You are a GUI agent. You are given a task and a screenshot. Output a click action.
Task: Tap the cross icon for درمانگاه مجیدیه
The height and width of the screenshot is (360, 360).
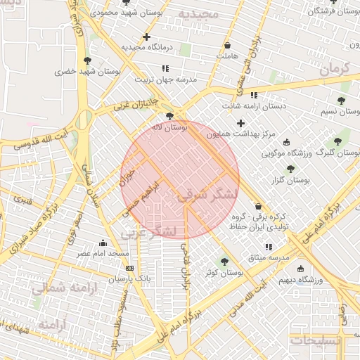pyautogui.click(x=146, y=37)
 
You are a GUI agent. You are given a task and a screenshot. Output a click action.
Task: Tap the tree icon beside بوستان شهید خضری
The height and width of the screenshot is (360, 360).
pyautogui.click(x=87, y=60)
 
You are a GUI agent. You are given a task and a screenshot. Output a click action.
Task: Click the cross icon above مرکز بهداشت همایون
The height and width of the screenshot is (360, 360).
pyautogui.click(x=240, y=123)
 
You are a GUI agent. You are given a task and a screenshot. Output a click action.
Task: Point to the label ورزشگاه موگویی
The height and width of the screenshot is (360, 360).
pyautogui.click(x=285, y=153)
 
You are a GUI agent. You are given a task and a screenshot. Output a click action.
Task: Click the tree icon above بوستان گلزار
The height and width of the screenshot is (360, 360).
pyautogui.click(x=290, y=169)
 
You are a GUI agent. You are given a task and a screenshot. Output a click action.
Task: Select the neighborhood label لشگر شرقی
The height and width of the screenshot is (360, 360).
pyautogui.click(x=204, y=195)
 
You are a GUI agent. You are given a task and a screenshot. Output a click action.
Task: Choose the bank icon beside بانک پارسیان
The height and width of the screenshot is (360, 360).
pyautogui.click(x=129, y=268)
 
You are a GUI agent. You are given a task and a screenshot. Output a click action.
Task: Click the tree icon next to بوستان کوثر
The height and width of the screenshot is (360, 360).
pyautogui.click(x=224, y=262)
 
